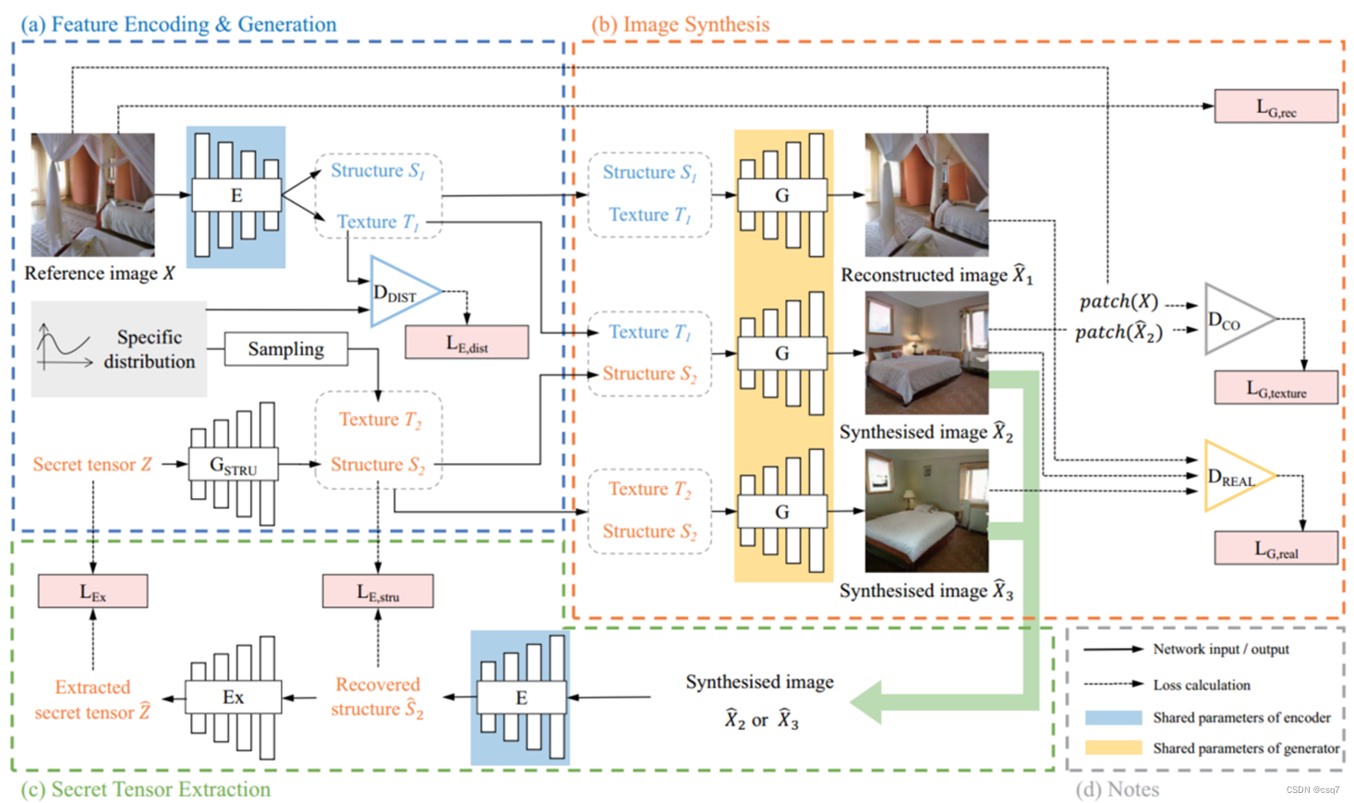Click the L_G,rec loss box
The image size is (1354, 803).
[x=1275, y=106]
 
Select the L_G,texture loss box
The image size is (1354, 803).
[x=1275, y=388]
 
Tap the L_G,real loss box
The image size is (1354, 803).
[x=1275, y=548]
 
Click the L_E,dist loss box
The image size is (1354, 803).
[x=466, y=343]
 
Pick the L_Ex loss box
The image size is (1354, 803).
[x=92, y=591]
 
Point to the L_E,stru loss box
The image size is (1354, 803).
[x=378, y=591]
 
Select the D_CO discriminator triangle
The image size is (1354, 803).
[x=1233, y=320]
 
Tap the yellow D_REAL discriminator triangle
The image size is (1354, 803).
[x=1234, y=477]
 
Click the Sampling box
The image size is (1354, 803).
[x=286, y=349]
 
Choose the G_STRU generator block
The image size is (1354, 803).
[x=233, y=464]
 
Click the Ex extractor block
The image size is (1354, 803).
[x=233, y=698]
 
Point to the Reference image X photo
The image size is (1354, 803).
[x=92, y=195]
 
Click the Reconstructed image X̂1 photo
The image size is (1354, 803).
[x=926, y=195]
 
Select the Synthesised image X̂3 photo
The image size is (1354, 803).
[x=926, y=511]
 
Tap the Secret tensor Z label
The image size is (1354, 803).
[x=92, y=464]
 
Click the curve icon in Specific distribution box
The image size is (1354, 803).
[x=63, y=346]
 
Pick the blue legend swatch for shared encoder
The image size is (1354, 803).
[x=1113, y=718]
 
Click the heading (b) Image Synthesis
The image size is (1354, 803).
[x=681, y=25]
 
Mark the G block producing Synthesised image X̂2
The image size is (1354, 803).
[x=782, y=353]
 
